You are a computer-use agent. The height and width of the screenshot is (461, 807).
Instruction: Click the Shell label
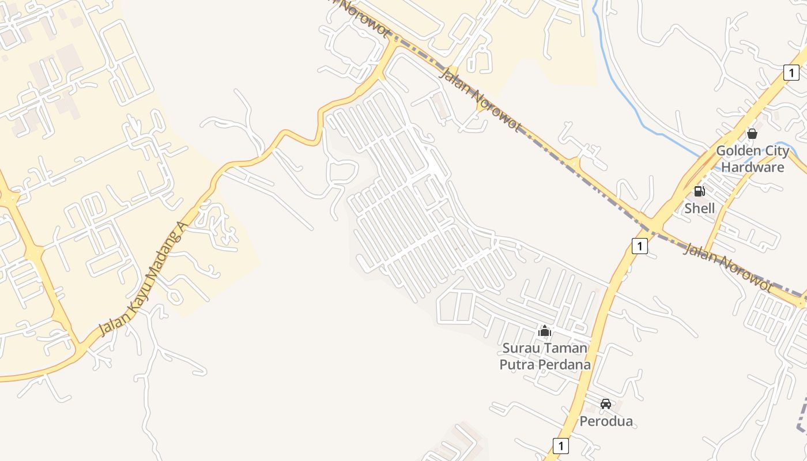699,208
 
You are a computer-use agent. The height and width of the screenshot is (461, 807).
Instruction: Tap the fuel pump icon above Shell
699,191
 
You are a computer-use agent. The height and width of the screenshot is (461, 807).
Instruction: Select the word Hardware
753,167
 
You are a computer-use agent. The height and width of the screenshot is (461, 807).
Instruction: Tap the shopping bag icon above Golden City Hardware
752,134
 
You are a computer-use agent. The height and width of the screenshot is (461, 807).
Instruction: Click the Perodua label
606,421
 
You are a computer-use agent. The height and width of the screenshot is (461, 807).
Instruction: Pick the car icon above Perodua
605,404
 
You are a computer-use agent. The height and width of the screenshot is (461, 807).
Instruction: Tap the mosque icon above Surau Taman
545,331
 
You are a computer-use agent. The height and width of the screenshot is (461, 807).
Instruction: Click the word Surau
521,347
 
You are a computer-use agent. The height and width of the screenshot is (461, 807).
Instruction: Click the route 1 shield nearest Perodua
560,445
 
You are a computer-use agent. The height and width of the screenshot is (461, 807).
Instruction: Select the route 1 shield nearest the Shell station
639,246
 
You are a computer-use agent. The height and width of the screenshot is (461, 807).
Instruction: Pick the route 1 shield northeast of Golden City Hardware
791,73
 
